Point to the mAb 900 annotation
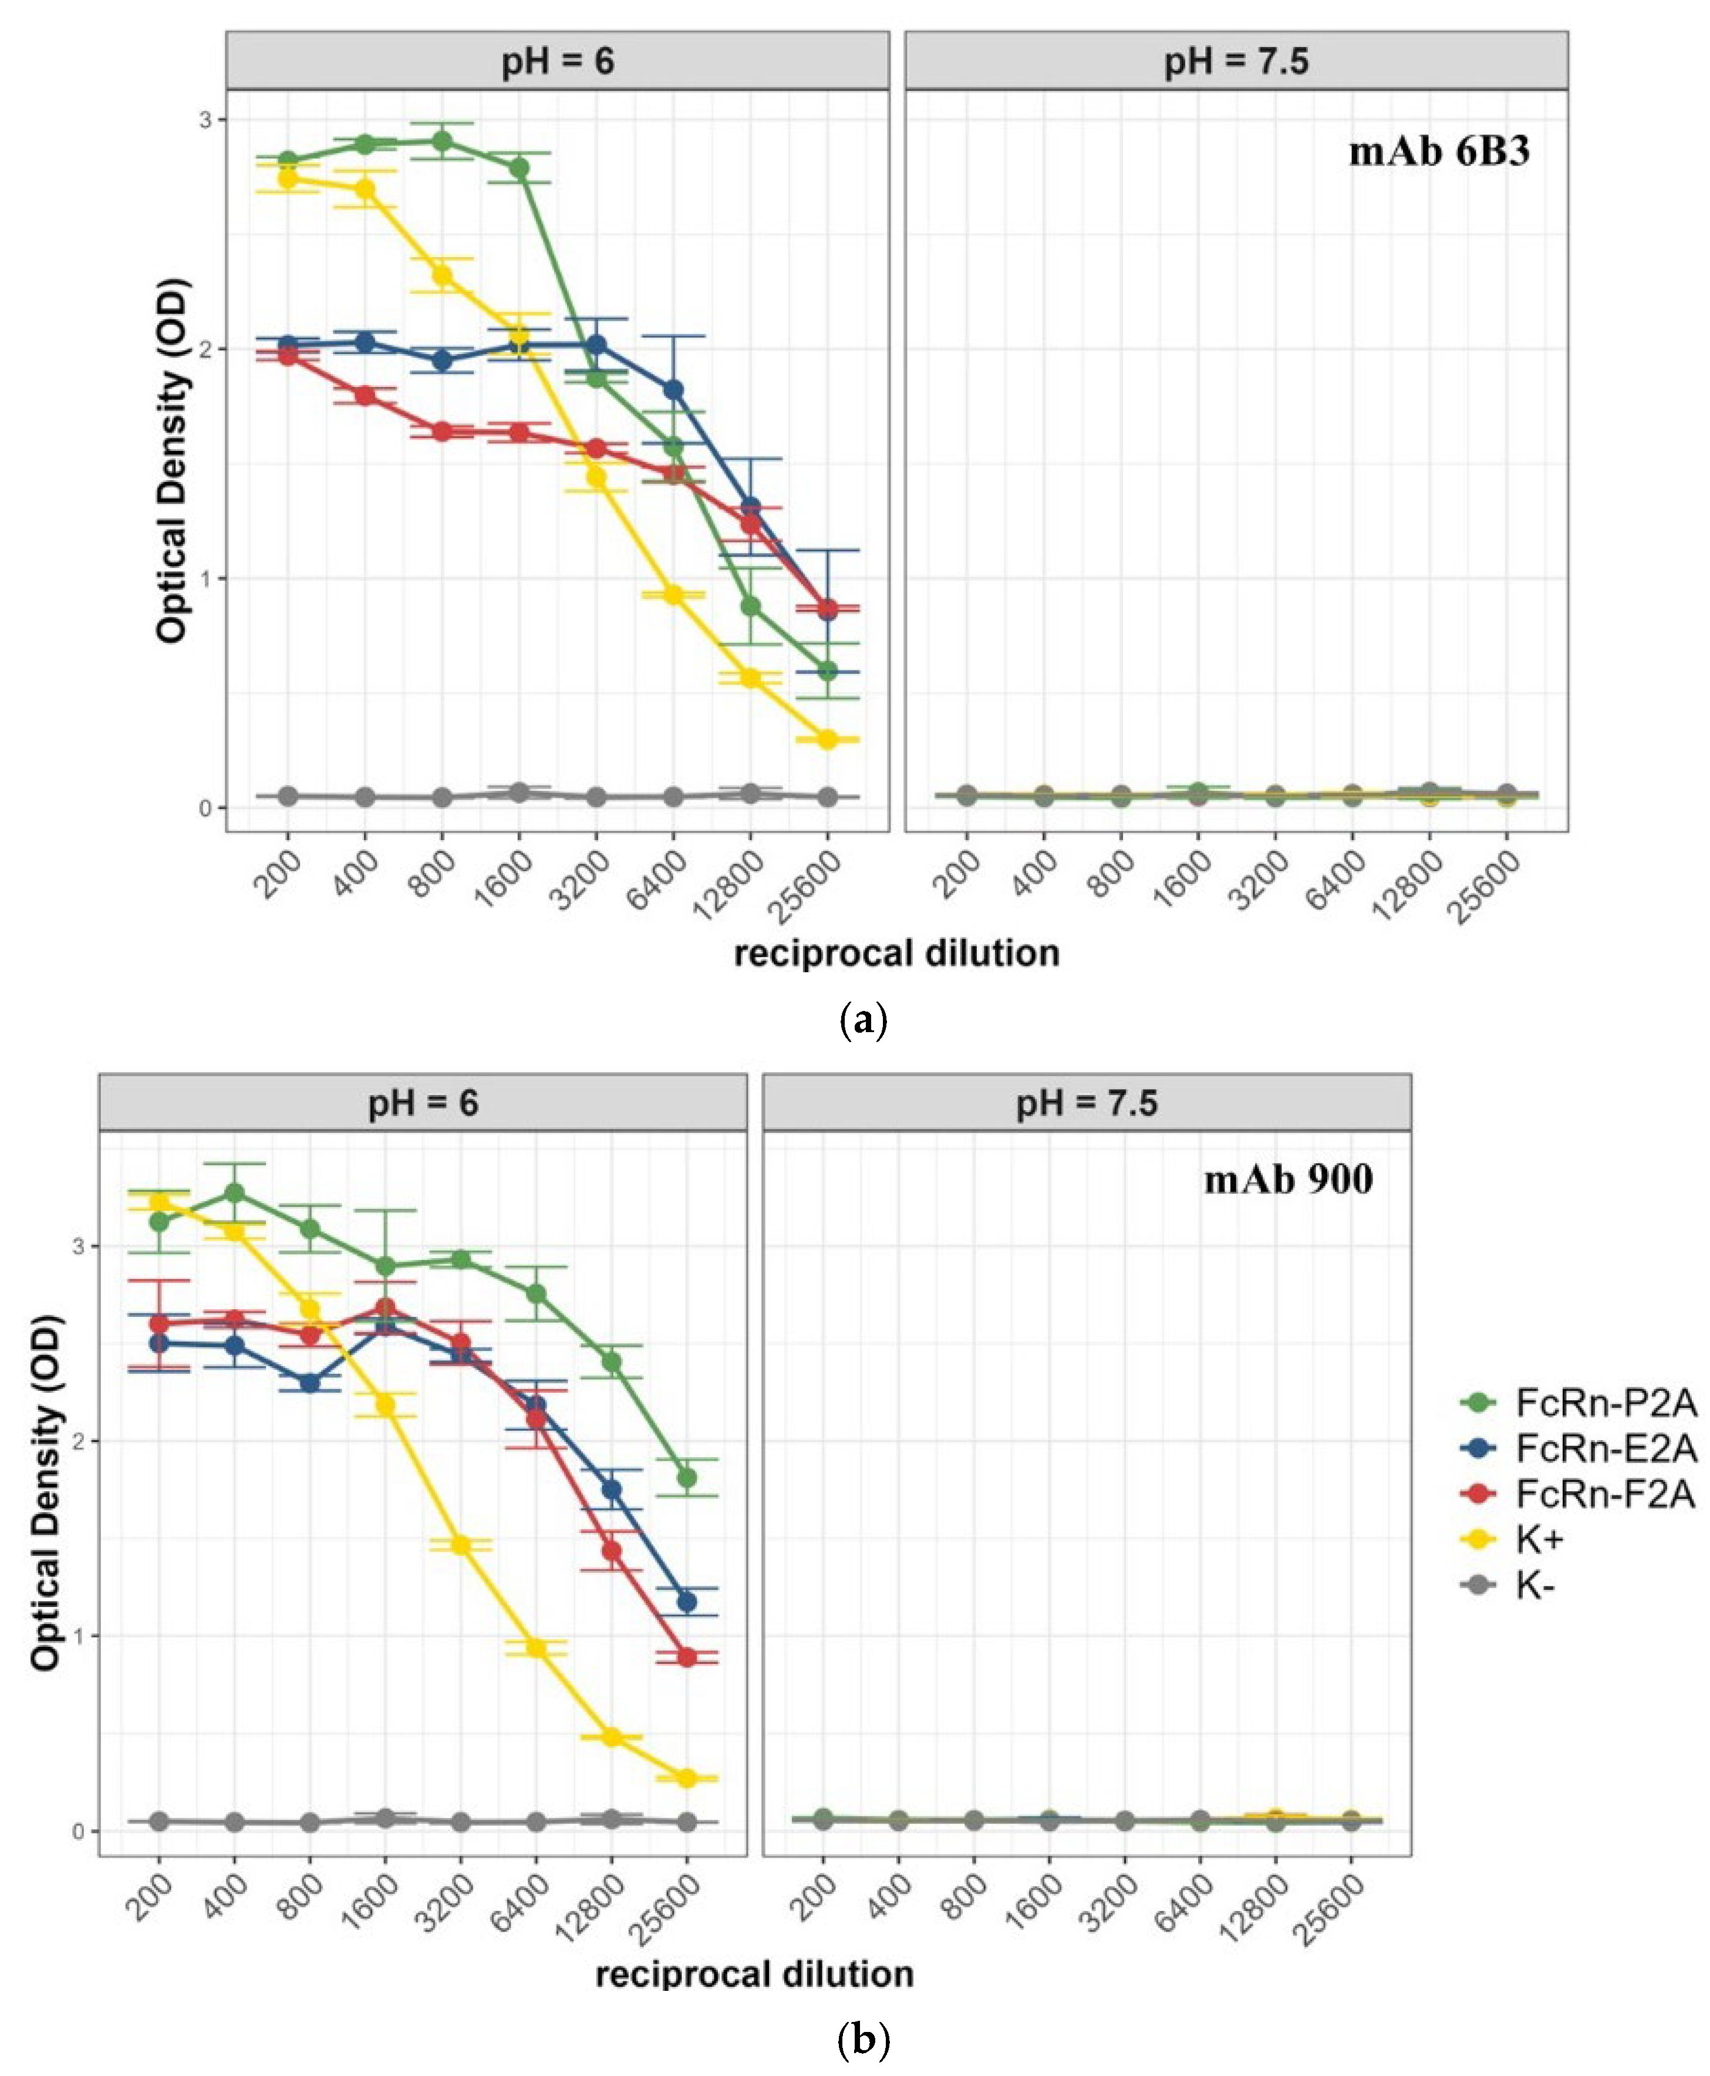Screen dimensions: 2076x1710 pos(1289,1179)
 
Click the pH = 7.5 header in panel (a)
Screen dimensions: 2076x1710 pos(1236,61)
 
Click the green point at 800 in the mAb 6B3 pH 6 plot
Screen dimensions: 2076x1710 pos(442,141)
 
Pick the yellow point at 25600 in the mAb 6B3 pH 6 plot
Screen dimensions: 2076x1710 pos(828,739)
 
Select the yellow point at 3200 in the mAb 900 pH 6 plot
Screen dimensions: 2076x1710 pos(460,1545)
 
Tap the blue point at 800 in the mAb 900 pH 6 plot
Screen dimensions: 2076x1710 pos(309,1383)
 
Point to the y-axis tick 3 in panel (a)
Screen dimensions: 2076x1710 pos(205,119)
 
